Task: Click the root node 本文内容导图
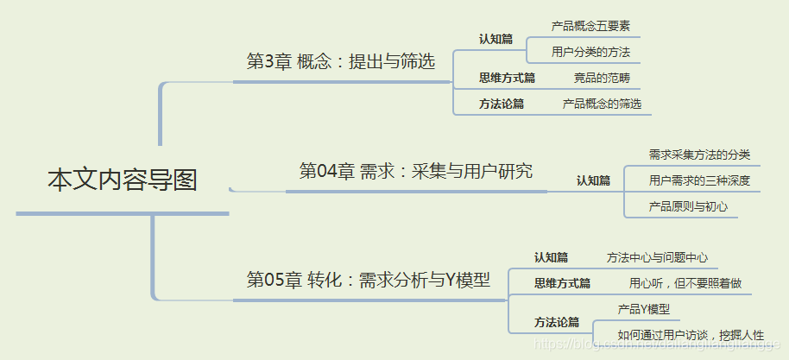122,180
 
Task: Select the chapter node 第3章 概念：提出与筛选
340,61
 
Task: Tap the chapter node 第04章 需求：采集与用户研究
415,171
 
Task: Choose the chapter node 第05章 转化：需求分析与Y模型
368,280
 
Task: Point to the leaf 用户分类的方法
590,52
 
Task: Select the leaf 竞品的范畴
602,78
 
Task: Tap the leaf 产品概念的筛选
602,104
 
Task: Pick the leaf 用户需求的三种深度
699,180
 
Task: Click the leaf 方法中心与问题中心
657,257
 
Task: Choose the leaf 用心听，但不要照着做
685,282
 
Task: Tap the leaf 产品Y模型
643,308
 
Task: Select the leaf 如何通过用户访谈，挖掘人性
691,335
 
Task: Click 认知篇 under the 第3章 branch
495,39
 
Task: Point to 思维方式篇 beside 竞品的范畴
507,78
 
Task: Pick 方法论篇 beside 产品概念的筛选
502,104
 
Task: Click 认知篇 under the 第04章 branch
593,180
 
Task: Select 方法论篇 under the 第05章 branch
556,322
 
